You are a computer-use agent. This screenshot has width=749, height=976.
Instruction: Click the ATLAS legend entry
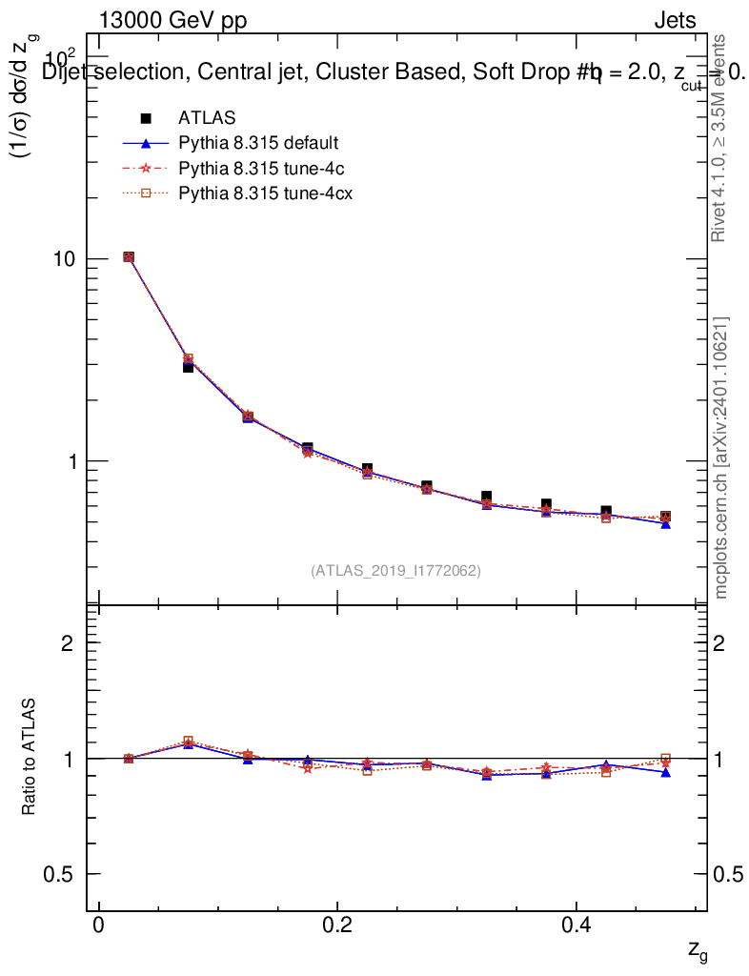[x=207, y=118]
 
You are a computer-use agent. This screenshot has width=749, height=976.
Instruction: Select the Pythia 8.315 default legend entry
[x=258, y=144]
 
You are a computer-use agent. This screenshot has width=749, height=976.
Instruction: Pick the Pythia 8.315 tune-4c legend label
[x=257, y=169]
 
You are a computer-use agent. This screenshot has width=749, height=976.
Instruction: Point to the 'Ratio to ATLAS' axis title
[x=30, y=758]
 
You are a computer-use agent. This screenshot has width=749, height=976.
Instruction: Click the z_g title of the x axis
[x=697, y=950]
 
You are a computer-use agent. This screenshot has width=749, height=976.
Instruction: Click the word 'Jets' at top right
[x=675, y=21]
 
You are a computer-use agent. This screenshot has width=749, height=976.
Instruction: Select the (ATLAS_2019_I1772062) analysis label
[x=395, y=571]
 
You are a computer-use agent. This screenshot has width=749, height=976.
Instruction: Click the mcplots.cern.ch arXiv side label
[x=721, y=457]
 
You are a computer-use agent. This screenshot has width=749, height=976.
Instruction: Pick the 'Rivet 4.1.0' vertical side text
[x=719, y=138]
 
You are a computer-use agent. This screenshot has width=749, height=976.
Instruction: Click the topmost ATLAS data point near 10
[x=129, y=257]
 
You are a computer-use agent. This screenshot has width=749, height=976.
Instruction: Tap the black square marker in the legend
[x=146, y=118]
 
